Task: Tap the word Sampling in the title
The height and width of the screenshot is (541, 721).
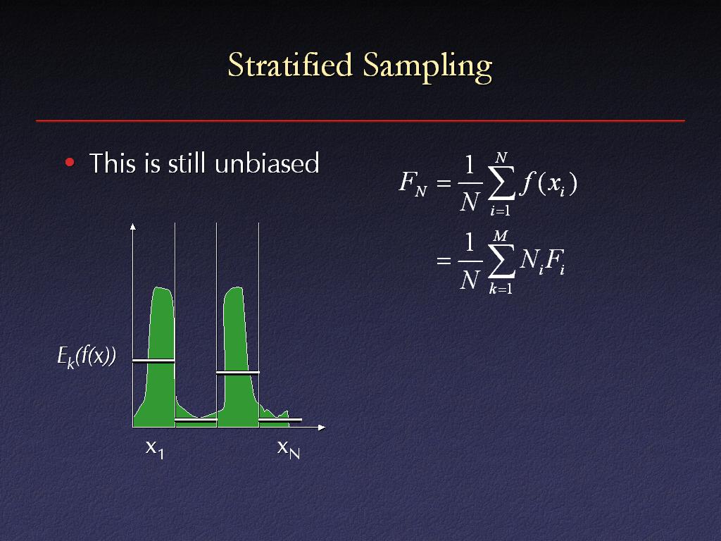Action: tap(427, 67)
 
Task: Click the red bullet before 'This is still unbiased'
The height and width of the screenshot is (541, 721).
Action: tap(70, 162)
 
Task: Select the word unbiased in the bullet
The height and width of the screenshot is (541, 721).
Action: tap(267, 163)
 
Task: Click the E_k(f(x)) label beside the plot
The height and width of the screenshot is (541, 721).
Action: tap(87, 356)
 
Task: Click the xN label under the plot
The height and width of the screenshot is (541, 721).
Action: tap(288, 449)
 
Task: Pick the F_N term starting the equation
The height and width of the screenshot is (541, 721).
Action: tap(413, 183)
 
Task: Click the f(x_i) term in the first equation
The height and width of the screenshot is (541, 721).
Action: tap(548, 183)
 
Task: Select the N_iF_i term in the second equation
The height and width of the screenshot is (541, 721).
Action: tap(542, 262)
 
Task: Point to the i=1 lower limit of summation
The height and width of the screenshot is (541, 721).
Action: tap(501, 211)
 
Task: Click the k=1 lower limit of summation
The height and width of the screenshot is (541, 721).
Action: tap(501, 289)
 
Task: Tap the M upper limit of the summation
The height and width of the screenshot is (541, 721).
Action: tap(501, 236)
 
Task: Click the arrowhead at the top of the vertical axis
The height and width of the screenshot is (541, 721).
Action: tap(133, 226)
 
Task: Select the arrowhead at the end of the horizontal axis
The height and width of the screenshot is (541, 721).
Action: tap(322, 428)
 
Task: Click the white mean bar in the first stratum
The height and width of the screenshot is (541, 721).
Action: tap(153, 361)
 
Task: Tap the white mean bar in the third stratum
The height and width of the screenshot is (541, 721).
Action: tap(238, 373)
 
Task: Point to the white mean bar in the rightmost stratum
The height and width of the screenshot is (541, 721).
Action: tap(280, 420)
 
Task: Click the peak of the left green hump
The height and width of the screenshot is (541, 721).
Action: tap(159, 287)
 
